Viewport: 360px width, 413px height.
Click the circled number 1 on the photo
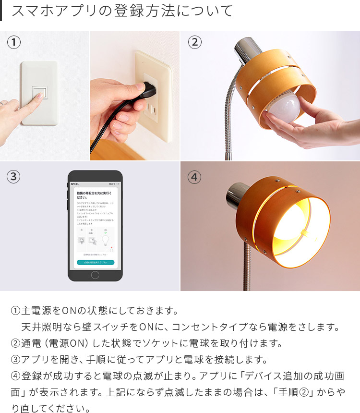(x=14, y=43)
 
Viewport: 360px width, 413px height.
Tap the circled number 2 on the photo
(x=194, y=43)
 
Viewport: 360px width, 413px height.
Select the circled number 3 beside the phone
(x=14, y=177)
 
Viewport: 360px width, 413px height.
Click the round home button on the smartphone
(x=95, y=275)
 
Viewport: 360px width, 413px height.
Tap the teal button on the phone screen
(x=95, y=262)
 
